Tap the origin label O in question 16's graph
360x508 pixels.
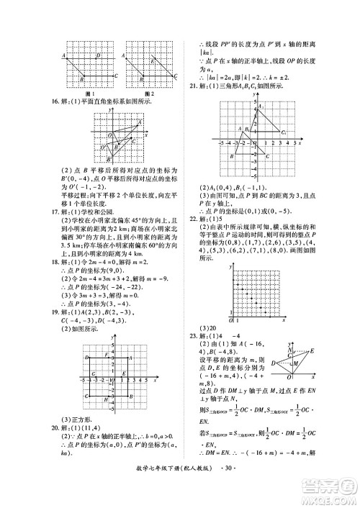tap(109, 135)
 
